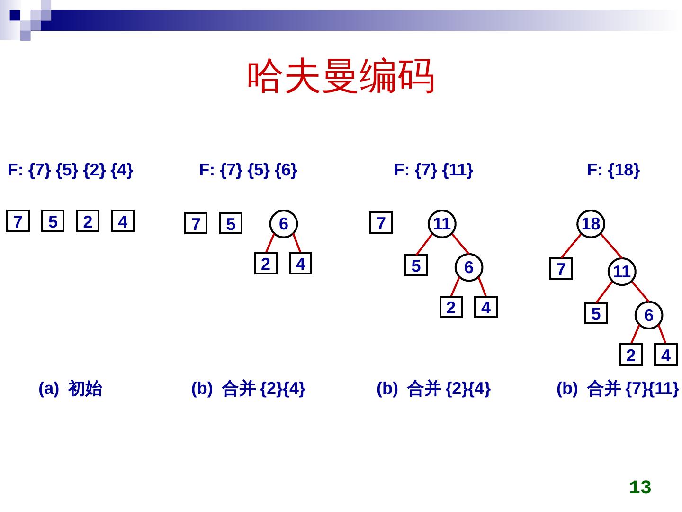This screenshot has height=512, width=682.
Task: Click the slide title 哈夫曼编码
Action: pyautogui.click(x=341, y=76)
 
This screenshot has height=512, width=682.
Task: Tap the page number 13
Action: pyautogui.click(x=640, y=487)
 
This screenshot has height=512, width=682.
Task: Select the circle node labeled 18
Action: pyautogui.click(x=591, y=224)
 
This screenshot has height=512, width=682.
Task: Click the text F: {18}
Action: pyautogui.click(x=613, y=170)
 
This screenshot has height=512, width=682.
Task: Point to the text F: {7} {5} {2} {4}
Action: pyautogui.click(x=71, y=170)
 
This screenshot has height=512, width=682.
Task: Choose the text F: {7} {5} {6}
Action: pyautogui.click(x=248, y=170)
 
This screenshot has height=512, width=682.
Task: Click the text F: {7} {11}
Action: pyautogui.click(x=433, y=170)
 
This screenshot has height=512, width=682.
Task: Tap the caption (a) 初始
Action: pyautogui.click(x=71, y=389)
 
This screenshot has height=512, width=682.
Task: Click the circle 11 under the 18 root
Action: pyautogui.click(x=621, y=272)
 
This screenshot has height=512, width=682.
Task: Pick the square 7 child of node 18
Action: pyautogui.click(x=561, y=269)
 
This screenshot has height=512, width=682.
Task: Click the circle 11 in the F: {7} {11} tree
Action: pyautogui.click(x=441, y=224)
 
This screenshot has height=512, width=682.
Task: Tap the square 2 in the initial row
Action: pyautogui.click(x=88, y=221)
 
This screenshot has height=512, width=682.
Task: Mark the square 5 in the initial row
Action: pyautogui.click(x=53, y=221)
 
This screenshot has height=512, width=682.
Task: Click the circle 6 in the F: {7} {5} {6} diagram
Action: pyautogui.click(x=283, y=224)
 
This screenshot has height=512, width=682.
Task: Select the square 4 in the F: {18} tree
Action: pyautogui.click(x=665, y=355)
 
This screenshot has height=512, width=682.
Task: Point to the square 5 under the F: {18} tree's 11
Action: pyautogui.click(x=596, y=313)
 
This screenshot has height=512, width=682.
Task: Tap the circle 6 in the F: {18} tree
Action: pyautogui.click(x=648, y=315)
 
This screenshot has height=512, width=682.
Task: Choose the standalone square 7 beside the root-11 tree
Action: pyautogui.click(x=381, y=222)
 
